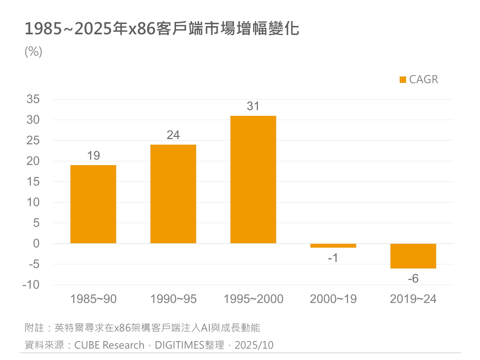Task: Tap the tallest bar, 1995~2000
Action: pos(253,180)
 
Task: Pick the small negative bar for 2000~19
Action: pos(333,246)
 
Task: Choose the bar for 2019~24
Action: pos(413,256)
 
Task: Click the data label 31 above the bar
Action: pos(253,106)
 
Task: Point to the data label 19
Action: pos(93,156)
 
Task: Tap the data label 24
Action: pos(173,135)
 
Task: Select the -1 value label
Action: pos(333,258)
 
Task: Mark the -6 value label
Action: pos(413,279)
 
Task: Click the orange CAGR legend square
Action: pos(403,80)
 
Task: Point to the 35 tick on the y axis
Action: pos(33,99)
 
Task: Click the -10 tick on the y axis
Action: pos(31,284)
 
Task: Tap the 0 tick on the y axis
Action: pos(36,244)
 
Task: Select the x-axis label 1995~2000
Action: pos(253,299)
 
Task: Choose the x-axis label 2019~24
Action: pos(413,299)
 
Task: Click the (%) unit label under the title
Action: pos(33,52)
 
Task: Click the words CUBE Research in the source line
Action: pos(109,345)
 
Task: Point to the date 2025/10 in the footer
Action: pos(254,345)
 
